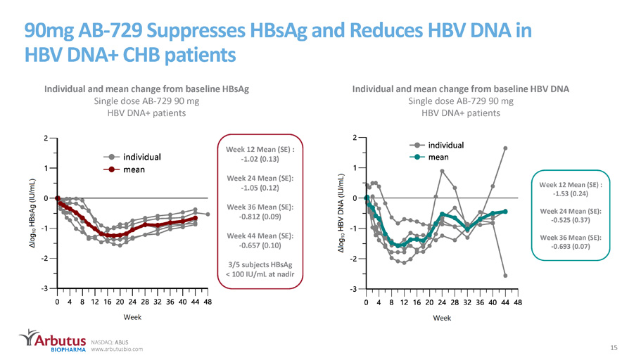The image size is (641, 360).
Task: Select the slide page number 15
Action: click(614, 348)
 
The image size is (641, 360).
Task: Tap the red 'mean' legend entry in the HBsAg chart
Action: click(125, 169)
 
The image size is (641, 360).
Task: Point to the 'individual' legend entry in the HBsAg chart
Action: click(132, 157)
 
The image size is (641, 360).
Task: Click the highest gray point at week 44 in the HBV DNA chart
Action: click(505, 148)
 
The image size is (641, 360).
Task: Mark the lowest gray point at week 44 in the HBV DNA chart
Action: click(505, 276)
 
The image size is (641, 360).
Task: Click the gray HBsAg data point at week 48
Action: click(208, 214)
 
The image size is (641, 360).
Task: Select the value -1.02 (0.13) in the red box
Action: click(260, 159)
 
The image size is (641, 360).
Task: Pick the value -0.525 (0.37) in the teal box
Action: click(570, 220)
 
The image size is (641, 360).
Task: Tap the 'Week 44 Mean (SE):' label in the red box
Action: click(260, 236)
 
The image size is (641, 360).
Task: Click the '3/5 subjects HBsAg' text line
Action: click(260, 264)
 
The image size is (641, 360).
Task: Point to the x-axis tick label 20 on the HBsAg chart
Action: click(120, 302)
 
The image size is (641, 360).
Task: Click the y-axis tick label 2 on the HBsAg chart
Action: click(46, 138)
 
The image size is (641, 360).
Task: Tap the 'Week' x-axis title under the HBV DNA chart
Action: click(442, 318)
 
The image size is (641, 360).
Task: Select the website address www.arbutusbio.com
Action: click(117, 349)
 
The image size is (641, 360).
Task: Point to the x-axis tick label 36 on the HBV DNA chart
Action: click(480, 303)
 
